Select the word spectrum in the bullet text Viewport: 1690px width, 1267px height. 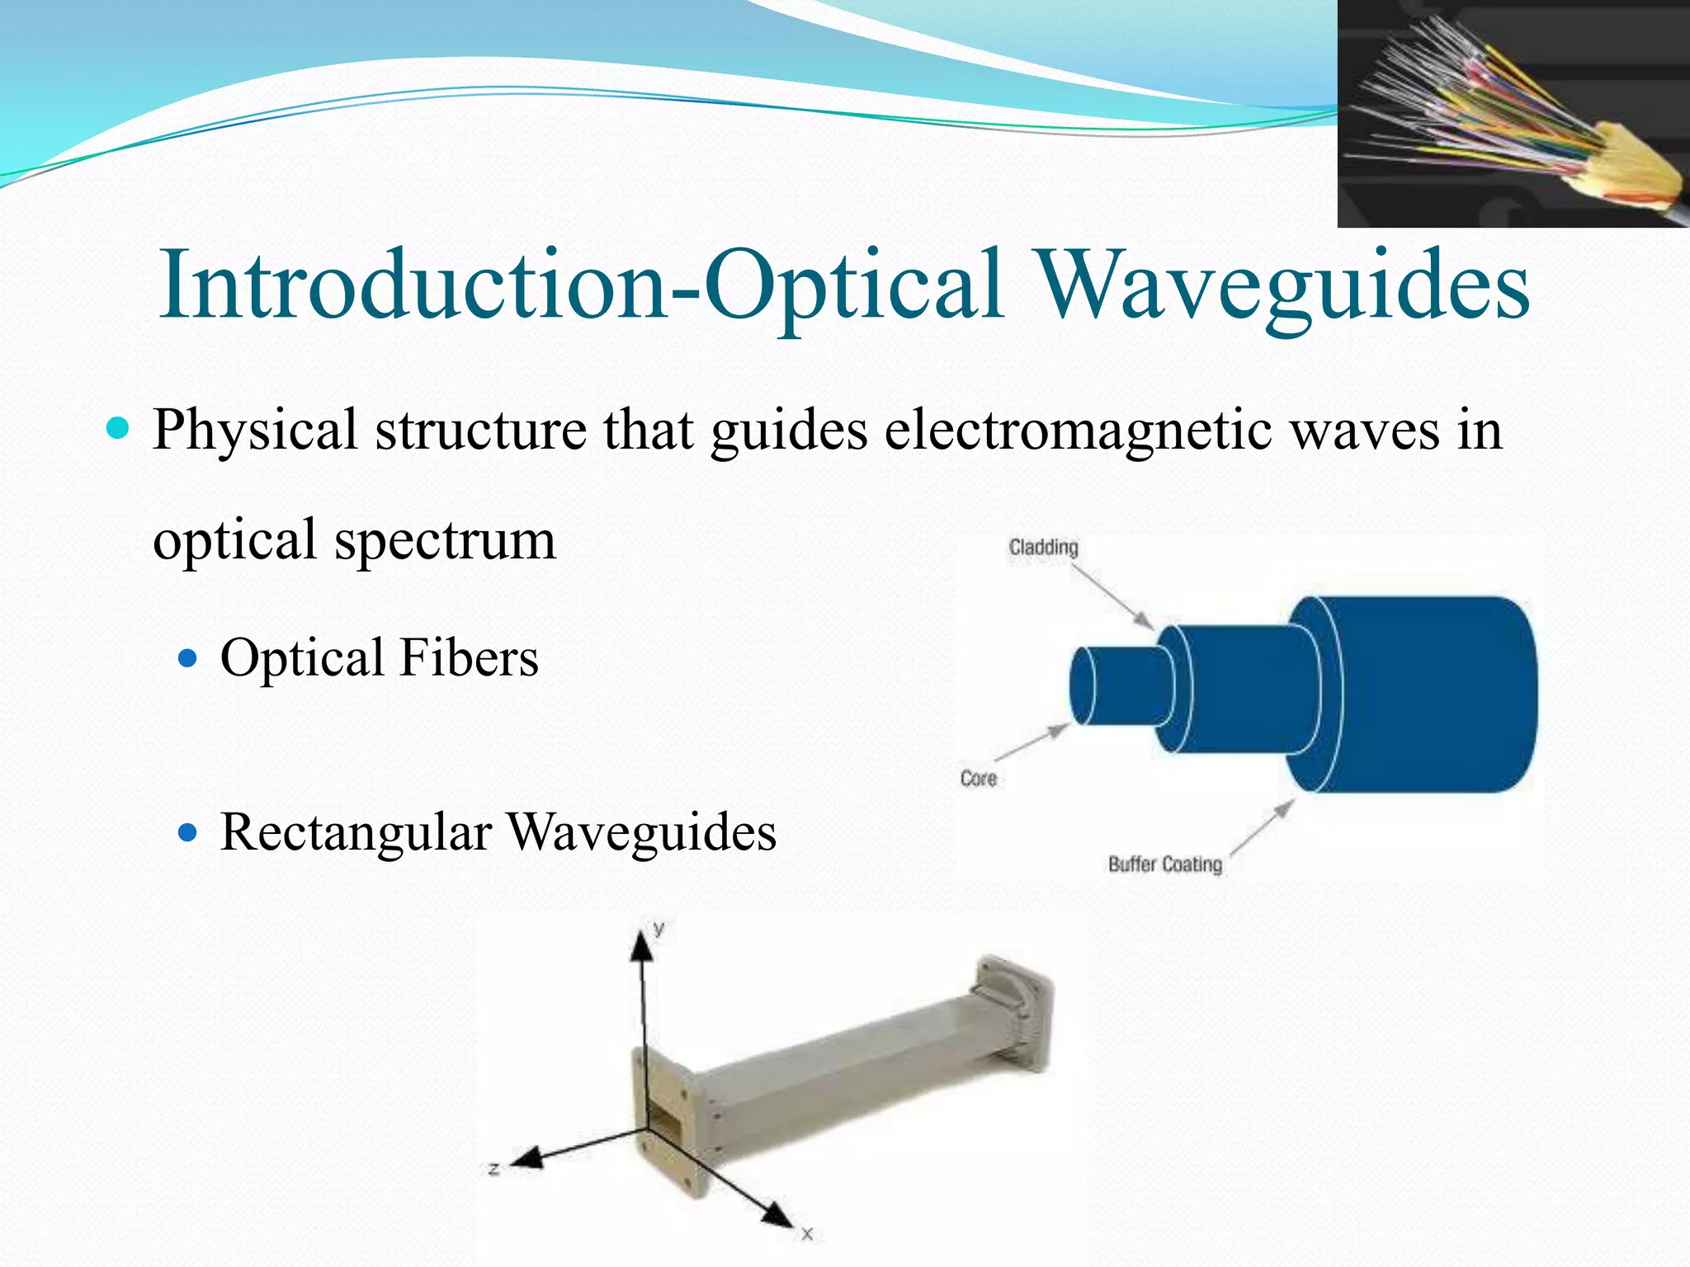click(445, 541)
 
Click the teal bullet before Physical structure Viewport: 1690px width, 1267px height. click(119, 429)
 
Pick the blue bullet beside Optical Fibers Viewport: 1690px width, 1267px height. click(189, 658)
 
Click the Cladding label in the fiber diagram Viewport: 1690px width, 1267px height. click(1043, 548)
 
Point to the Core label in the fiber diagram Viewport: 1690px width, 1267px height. click(978, 779)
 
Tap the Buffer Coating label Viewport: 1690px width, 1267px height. click(1164, 864)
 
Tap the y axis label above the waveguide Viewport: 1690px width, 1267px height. click(659, 929)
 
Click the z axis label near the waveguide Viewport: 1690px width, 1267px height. click(493, 1169)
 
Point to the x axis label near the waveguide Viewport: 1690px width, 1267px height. click(807, 1234)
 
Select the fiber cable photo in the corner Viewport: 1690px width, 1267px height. click(1512, 114)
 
